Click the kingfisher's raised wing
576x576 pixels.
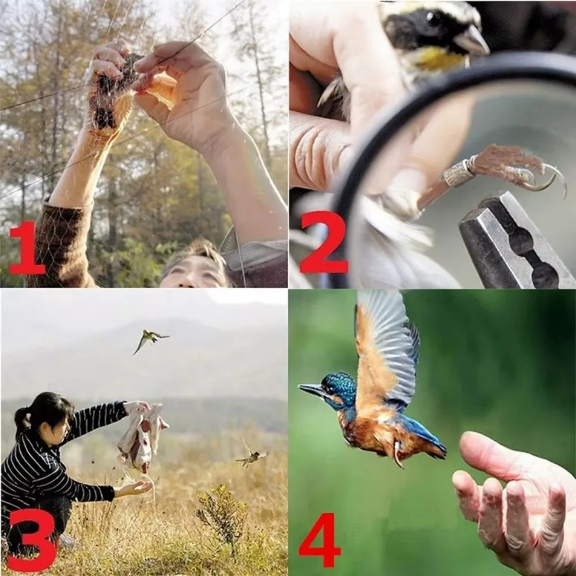coord(383,346)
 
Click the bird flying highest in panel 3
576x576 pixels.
coord(149,339)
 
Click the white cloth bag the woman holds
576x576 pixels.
coord(142,435)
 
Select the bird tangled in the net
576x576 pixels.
coord(112,86)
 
